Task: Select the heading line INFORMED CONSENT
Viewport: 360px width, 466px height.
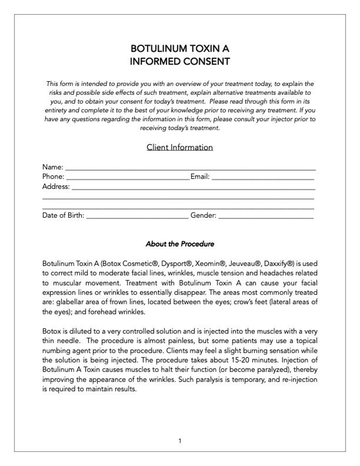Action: [x=180, y=61]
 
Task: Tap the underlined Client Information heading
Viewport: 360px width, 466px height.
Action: [x=180, y=147]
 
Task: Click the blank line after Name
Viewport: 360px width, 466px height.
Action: [x=190, y=168]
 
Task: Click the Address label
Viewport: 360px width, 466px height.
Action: [x=56, y=186]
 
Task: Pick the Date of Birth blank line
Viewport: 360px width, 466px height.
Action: [x=137, y=217]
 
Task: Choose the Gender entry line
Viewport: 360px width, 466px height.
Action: [x=266, y=217]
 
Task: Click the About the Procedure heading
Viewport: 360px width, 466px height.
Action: [x=180, y=244]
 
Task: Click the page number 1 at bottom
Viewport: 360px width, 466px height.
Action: [x=180, y=440]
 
